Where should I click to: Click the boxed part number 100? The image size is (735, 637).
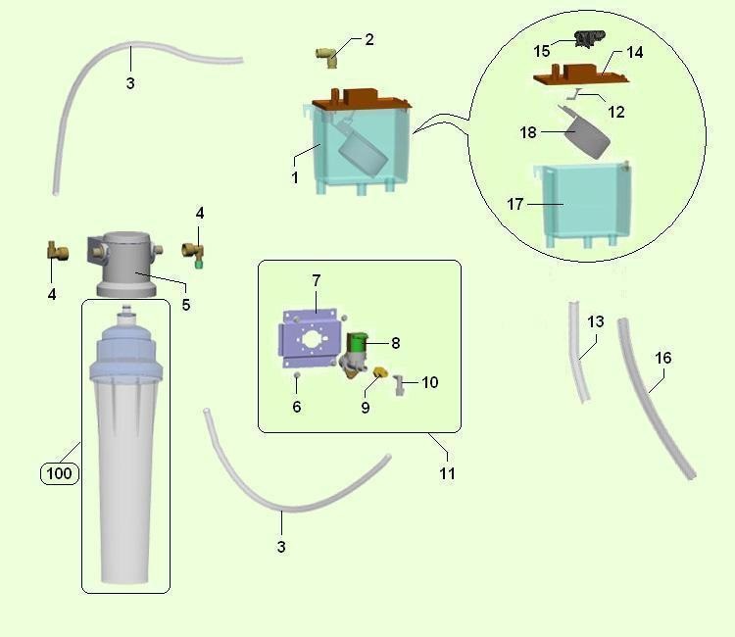point(59,474)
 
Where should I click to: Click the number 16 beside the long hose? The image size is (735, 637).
point(663,358)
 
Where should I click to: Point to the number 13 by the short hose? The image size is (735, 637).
point(596,321)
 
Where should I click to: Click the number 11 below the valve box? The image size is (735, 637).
point(447,472)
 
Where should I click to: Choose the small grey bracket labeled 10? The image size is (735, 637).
point(401,387)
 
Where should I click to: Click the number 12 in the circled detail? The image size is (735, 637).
point(616,112)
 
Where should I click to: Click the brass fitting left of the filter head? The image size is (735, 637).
point(58,255)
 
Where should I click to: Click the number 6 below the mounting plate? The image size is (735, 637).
point(296,406)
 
